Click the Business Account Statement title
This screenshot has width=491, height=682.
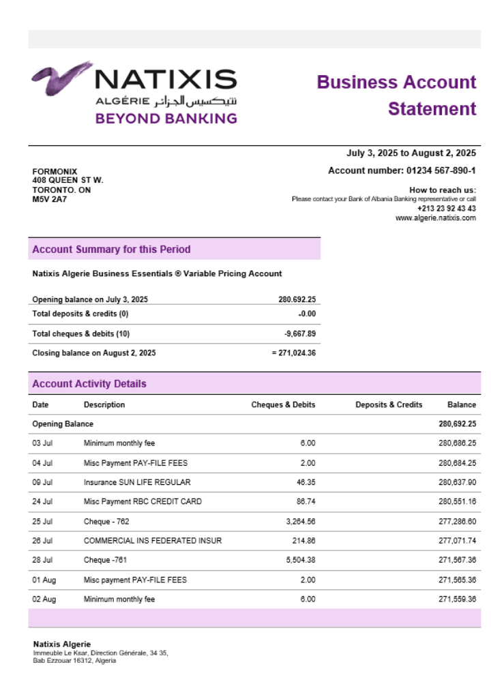pos(397,95)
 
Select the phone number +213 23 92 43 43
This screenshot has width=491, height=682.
pos(447,209)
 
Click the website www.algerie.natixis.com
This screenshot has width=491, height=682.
pos(436,218)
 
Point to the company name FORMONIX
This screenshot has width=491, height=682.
pos(55,171)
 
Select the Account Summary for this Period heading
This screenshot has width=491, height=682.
pos(111,250)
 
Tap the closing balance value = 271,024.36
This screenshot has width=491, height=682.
pos(293,353)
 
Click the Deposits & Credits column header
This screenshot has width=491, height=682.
pos(389,404)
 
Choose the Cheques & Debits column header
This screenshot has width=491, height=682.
pos(283,404)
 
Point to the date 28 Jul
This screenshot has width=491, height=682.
pos(42,561)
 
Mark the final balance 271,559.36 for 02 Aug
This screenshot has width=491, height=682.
pos(457,599)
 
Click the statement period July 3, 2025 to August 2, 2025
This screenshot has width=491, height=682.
pos(411,153)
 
